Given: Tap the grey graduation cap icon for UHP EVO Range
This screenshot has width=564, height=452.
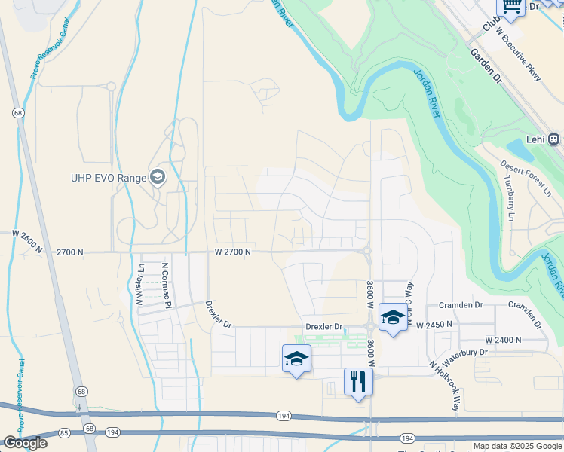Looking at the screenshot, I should pos(158,177).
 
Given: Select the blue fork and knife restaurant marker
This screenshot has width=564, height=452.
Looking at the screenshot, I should pos(358,381).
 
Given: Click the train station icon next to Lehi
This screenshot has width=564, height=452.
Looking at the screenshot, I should pos(554,139).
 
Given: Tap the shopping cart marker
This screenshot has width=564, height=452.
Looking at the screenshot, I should pos(510,7).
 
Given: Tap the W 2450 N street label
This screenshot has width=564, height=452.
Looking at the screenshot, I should pos(434,324).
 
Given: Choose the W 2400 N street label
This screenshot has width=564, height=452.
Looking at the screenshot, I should pos(504,340).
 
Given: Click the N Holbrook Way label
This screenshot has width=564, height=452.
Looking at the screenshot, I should pos(445,386).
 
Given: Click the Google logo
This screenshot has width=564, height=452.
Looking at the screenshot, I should pos(25,443).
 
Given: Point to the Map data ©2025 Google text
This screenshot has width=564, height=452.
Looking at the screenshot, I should pos(517,446).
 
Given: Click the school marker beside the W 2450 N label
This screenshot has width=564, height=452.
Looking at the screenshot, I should pos(393,317).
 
